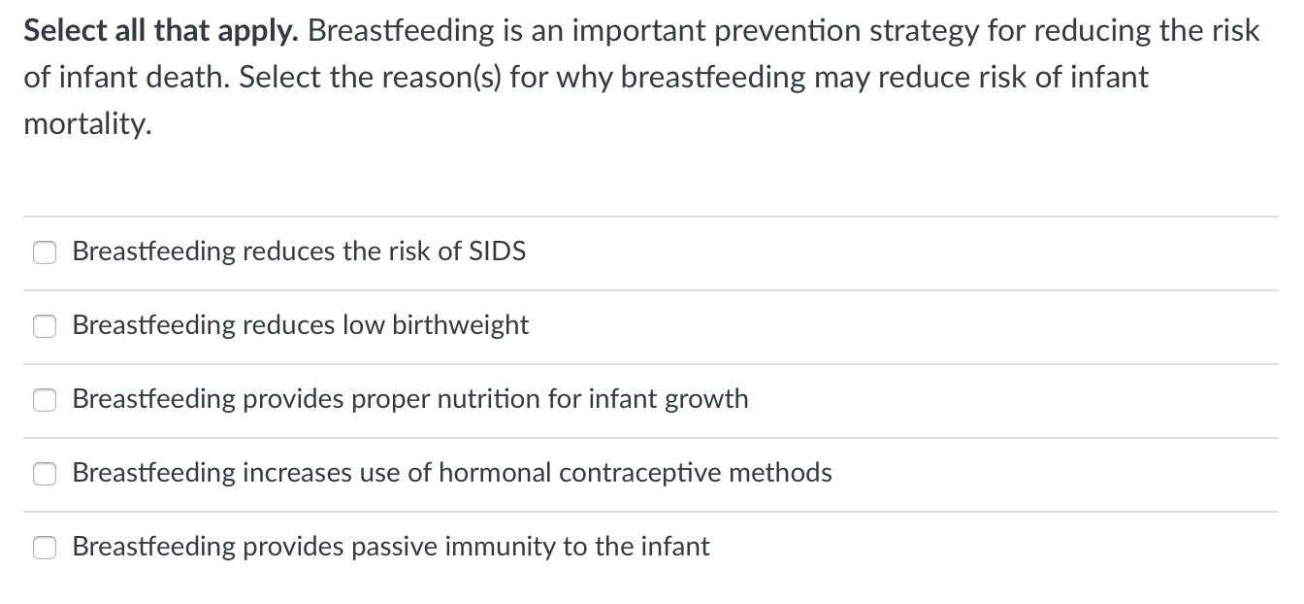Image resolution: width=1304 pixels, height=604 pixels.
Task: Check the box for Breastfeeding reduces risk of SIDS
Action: click(x=45, y=252)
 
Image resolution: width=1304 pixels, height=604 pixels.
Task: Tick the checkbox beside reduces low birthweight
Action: click(x=45, y=326)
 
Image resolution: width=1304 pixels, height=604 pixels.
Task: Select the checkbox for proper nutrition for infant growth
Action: click(x=45, y=400)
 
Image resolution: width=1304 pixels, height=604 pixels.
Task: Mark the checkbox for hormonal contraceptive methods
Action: click(x=45, y=474)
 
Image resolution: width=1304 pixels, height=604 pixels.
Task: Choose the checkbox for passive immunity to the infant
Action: click(x=45, y=548)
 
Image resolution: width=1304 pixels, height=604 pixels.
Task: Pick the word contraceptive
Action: click(x=640, y=473)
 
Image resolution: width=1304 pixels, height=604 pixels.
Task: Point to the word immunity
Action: click(x=500, y=547)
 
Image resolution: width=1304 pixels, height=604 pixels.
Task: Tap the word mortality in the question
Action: click(x=87, y=125)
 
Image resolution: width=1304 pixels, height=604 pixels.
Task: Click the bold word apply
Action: click(x=266, y=31)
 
